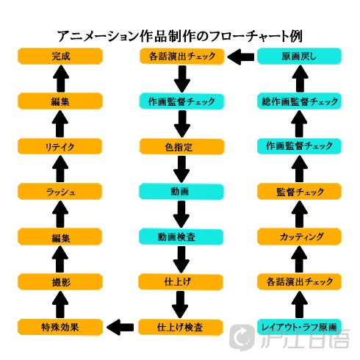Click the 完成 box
[x=60, y=56]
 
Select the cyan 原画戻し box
[x=299, y=56]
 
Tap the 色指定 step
[x=181, y=147]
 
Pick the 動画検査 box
[x=181, y=237]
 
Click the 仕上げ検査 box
[x=181, y=327]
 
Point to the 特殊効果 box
[x=60, y=327]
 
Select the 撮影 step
[x=60, y=282]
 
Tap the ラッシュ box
[x=60, y=192]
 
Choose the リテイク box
[x=60, y=146]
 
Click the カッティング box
[x=299, y=237]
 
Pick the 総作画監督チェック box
[x=299, y=101]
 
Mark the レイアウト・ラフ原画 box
[x=299, y=327]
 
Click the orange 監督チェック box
[x=299, y=192]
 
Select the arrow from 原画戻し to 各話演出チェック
[x=240, y=57]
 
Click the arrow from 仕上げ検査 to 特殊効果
[x=120, y=327]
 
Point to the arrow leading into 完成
[x=61, y=79]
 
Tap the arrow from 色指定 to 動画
[x=181, y=169]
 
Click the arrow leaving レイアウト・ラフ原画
[x=299, y=305]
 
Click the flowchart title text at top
[x=180, y=36]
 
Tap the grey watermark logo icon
[x=242, y=337]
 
